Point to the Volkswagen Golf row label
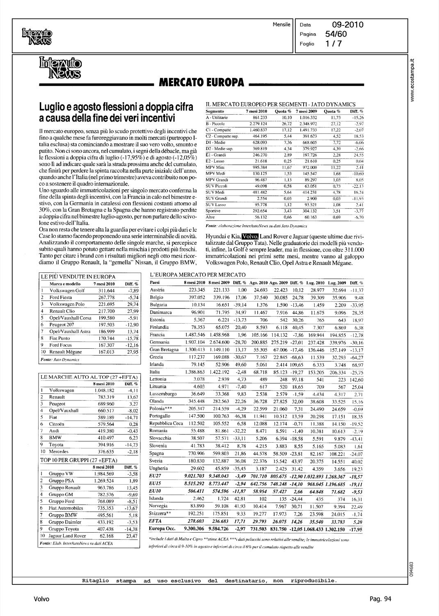67,291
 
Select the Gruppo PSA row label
62,480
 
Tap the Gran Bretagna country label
165,349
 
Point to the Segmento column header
215,111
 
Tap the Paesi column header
155,283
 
